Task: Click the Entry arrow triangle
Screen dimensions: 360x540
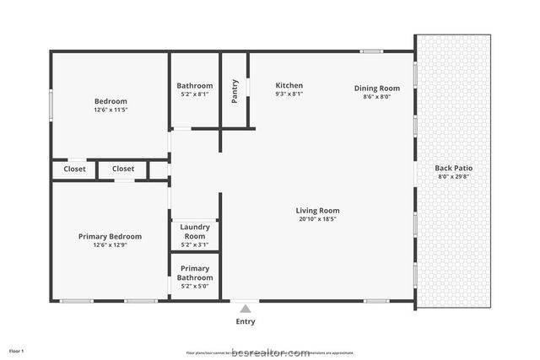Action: click(246, 309)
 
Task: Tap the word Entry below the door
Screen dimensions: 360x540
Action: click(246, 321)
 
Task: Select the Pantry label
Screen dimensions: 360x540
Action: click(235, 91)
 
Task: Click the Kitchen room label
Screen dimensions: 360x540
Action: click(289, 85)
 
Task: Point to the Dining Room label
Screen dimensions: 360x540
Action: click(376, 88)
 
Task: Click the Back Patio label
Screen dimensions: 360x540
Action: click(453, 168)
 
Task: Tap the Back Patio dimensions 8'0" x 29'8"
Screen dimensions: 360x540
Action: click(453, 176)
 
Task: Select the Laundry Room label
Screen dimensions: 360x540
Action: click(195, 232)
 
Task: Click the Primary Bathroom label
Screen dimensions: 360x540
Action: click(195, 273)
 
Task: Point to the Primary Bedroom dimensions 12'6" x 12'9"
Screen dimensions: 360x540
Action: click(110, 245)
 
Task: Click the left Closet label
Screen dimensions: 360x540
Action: click(74, 169)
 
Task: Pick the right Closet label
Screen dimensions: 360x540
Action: click(123, 169)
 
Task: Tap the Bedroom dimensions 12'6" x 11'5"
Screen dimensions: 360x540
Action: click(110, 110)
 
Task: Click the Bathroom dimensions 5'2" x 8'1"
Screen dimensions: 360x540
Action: click(194, 94)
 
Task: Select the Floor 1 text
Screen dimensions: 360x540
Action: click(17, 350)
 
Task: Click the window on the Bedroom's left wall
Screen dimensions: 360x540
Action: click(51, 106)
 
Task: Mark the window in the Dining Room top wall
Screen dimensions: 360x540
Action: click(371, 52)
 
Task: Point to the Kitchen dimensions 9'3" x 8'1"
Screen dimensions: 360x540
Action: click(289, 94)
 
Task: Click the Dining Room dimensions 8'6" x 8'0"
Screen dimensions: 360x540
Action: click(376, 97)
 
